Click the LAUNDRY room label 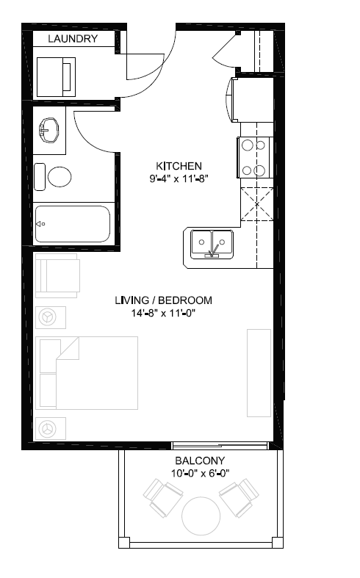[x=73, y=39]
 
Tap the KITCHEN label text [x=179, y=165]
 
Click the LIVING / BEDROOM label [x=163, y=300]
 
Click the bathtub [x=72, y=224]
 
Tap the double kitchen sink [x=212, y=243]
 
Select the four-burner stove [x=252, y=158]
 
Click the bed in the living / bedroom [x=87, y=372]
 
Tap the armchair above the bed [x=57, y=277]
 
